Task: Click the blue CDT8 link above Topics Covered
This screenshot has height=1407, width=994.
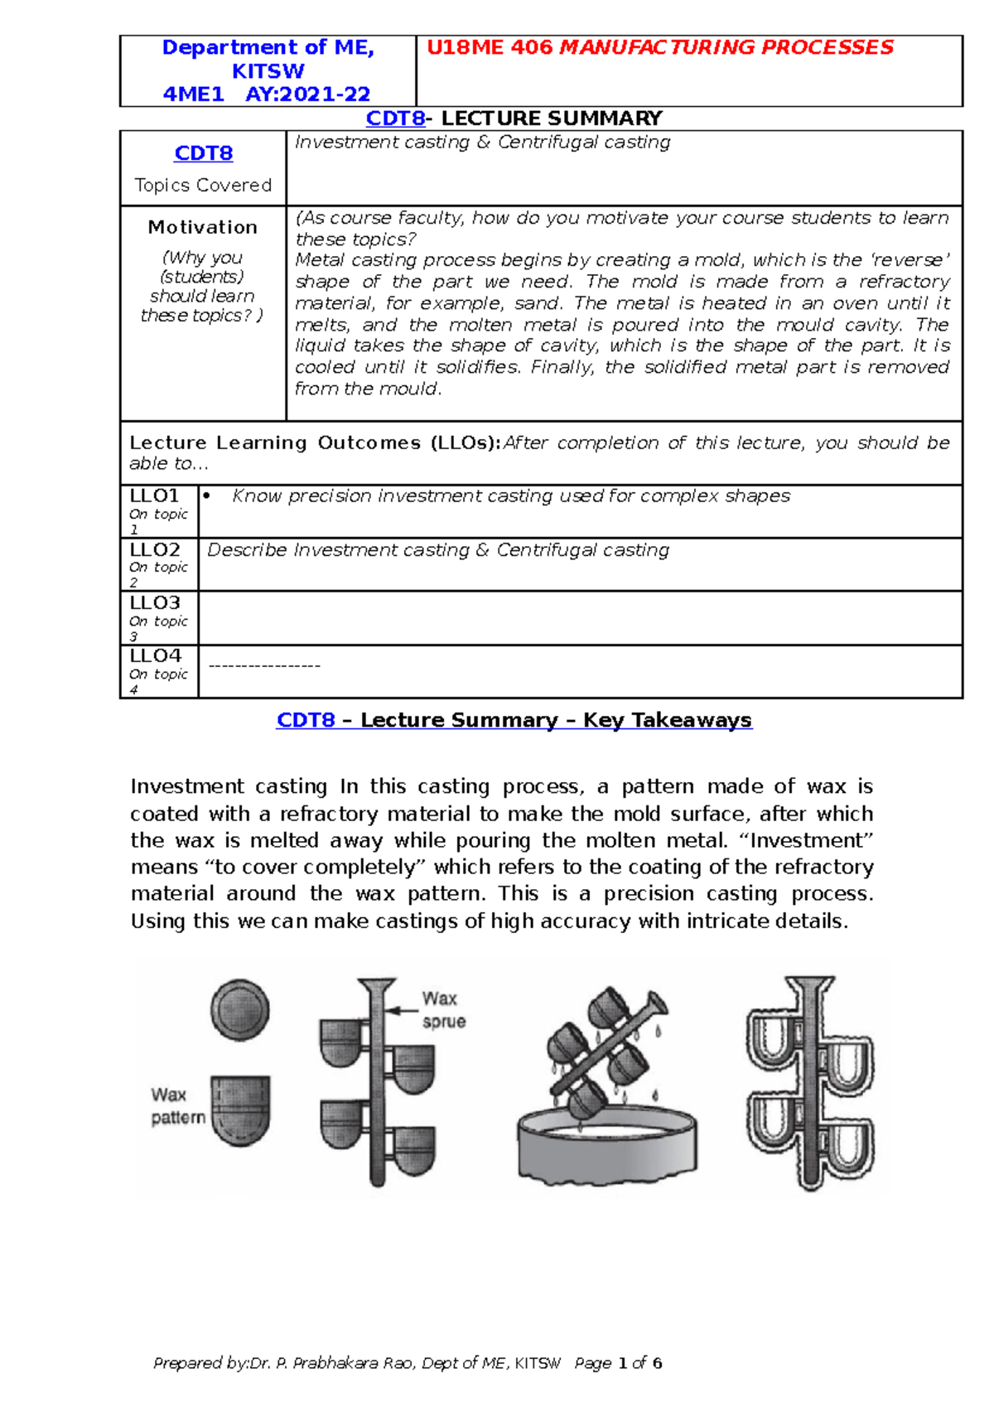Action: (203, 153)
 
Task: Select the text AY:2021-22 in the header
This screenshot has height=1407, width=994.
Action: (307, 94)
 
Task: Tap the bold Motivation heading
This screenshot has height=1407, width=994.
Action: (202, 227)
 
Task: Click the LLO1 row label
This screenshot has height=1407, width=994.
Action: (155, 496)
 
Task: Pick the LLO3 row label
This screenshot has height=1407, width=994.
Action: (155, 603)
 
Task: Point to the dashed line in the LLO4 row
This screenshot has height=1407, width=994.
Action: (264, 665)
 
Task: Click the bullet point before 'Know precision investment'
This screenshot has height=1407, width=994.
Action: (207, 496)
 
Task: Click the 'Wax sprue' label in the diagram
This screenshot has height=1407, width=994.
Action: (442, 1009)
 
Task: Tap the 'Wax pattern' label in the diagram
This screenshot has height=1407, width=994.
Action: (177, 1106)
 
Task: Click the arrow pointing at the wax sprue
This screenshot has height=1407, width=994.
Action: (403, 1010)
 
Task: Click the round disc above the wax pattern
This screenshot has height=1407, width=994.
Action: (239, 1010)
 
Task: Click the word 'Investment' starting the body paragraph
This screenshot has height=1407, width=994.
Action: (186, 786)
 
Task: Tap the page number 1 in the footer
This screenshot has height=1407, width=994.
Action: (622, 1363)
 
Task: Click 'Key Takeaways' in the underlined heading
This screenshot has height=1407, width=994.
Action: (667, 720)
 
